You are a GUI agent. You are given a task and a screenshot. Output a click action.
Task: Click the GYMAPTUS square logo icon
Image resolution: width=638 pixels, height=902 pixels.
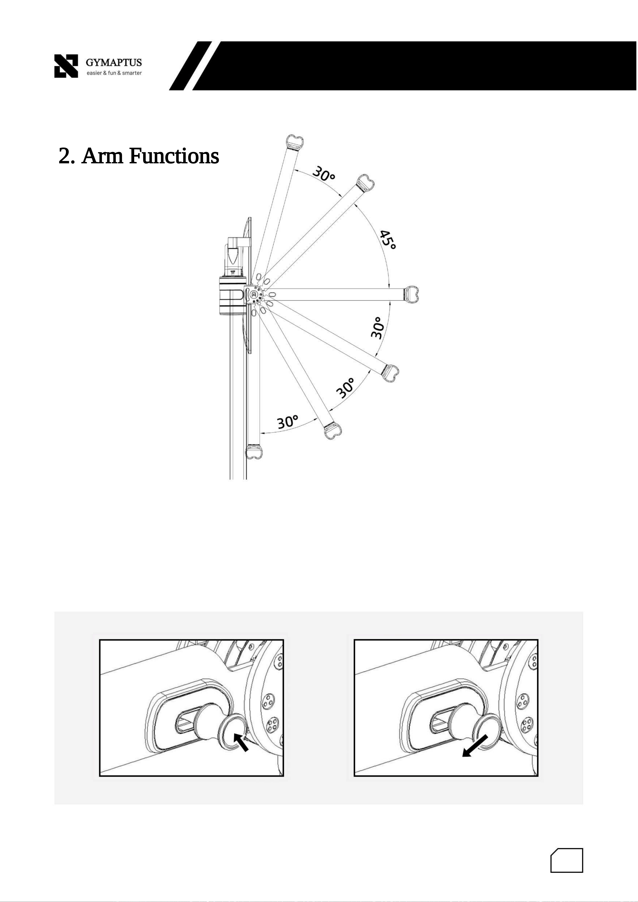(66, 66)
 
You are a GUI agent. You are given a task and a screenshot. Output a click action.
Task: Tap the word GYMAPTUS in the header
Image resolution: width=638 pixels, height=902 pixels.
(114, 63)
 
